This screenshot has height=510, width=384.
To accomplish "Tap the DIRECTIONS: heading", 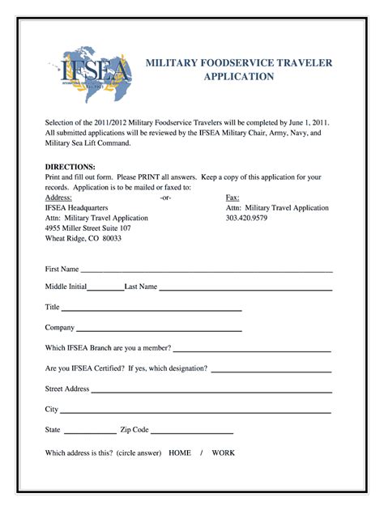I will click(71, 166).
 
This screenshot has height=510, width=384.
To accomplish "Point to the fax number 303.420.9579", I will click(246, 218).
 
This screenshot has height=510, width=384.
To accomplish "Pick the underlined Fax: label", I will click(233, 198).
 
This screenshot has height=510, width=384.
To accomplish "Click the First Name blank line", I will click(207, 270).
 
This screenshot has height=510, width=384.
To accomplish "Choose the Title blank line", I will click(151, 310).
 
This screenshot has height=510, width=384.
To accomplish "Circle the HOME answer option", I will click(180, 453).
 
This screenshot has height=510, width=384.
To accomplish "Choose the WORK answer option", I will click(224, 453).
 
